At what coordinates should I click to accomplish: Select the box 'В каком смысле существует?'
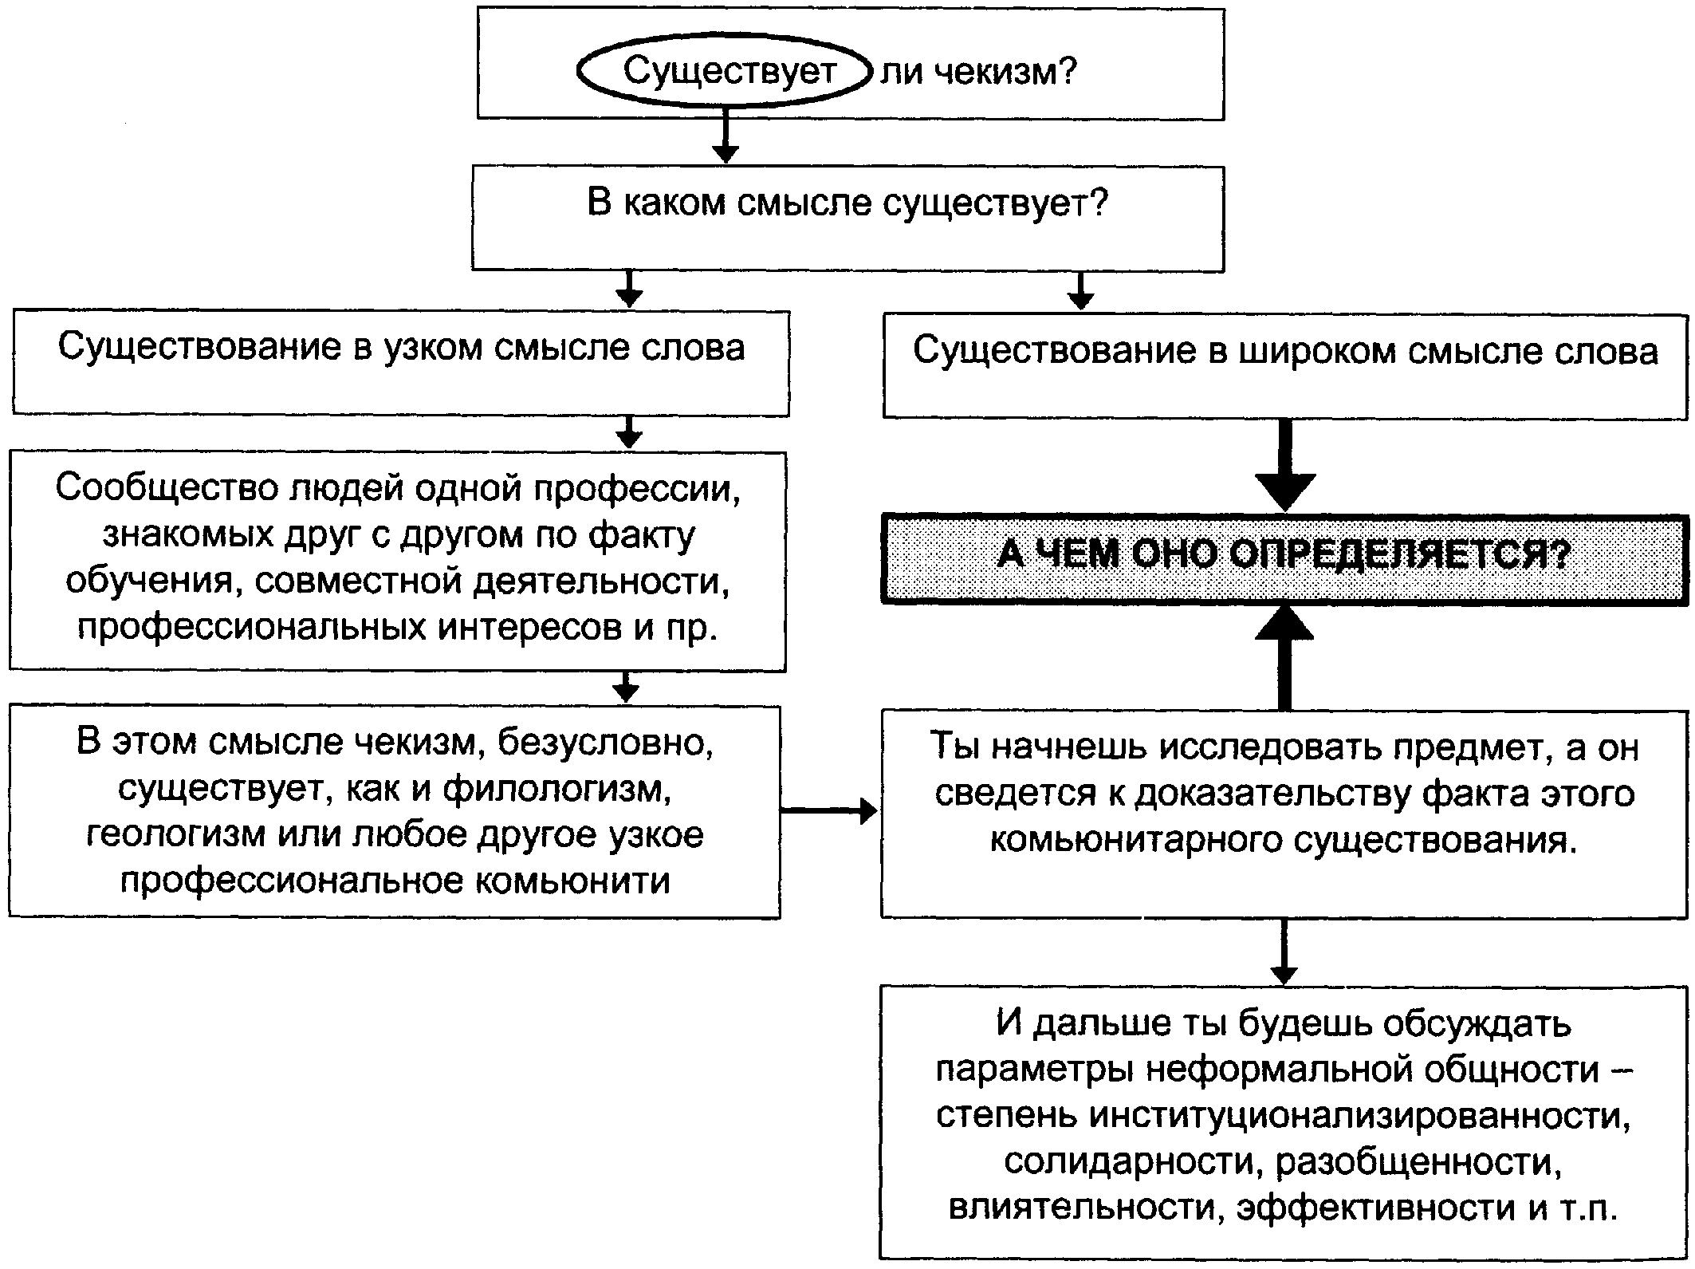coord(847,218)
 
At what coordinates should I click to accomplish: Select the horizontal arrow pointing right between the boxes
coord(829,812)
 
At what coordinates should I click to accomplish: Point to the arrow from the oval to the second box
coord(725,136)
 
